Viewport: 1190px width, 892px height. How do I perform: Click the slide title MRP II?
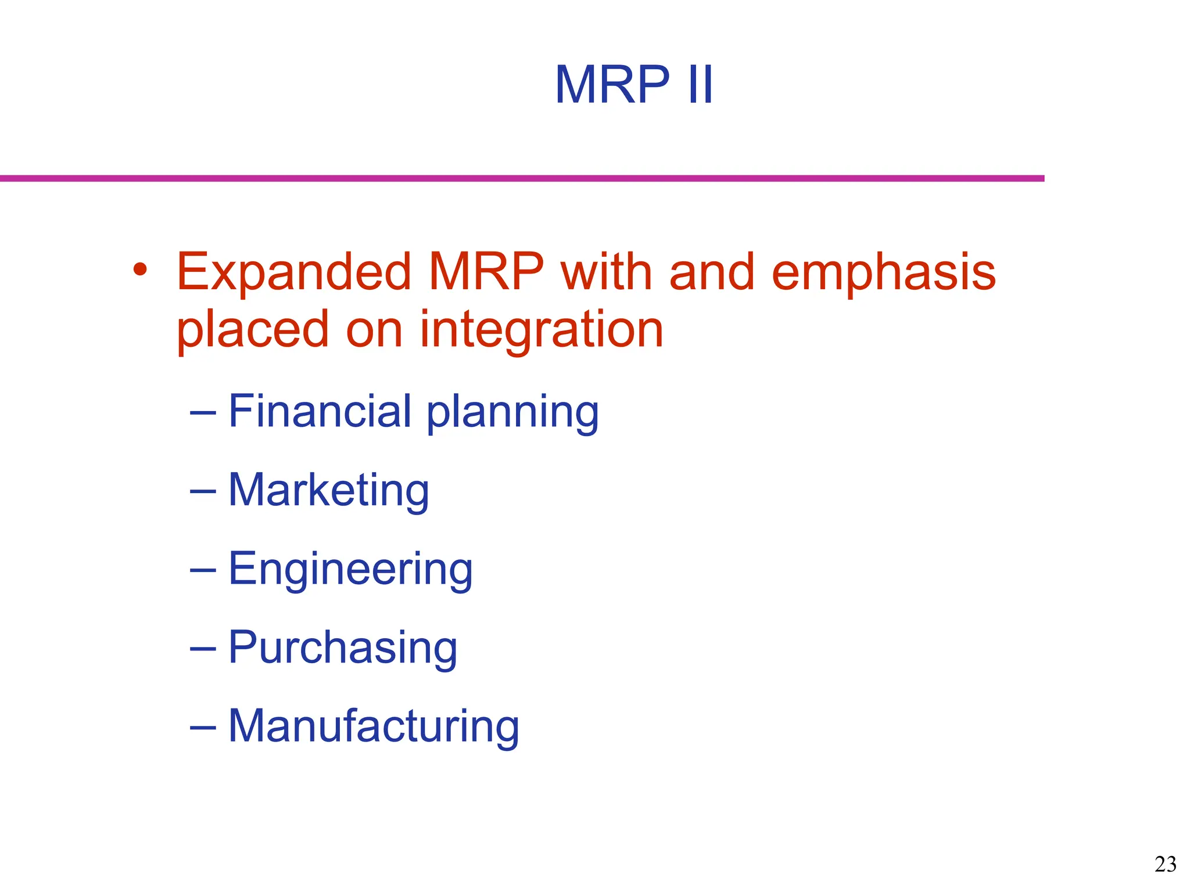[633, 85]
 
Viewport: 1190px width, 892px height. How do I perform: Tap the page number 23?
[1165, 865]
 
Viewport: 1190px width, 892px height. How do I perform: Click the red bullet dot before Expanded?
[139, 269]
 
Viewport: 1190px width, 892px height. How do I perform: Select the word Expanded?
[294, 273]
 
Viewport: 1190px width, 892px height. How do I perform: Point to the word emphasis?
[883, 273]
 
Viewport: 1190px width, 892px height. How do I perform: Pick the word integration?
[541, 330]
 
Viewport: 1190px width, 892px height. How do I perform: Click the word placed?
[253, 330]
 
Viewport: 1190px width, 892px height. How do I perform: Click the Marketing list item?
[328, 491]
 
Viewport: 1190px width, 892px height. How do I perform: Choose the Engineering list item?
[350, 570]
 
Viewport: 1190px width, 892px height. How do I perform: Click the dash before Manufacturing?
[203, 728]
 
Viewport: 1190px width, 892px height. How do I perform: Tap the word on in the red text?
[374, 330]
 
